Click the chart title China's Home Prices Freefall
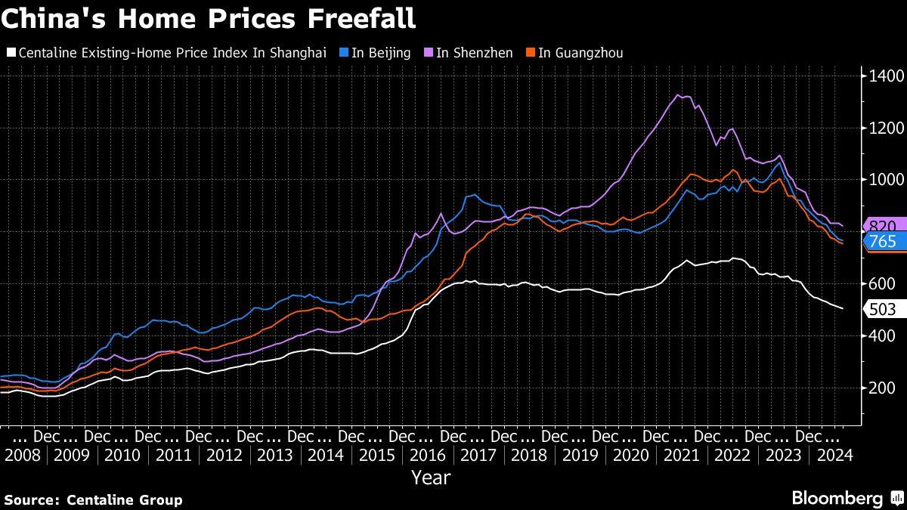(208, 18)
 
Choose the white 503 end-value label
(881, 308)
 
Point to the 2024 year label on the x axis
(833, 456)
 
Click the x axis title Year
(431, 478)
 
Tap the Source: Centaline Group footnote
(93, 499)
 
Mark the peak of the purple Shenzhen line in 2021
(679, 95)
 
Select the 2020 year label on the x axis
(630, 456)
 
